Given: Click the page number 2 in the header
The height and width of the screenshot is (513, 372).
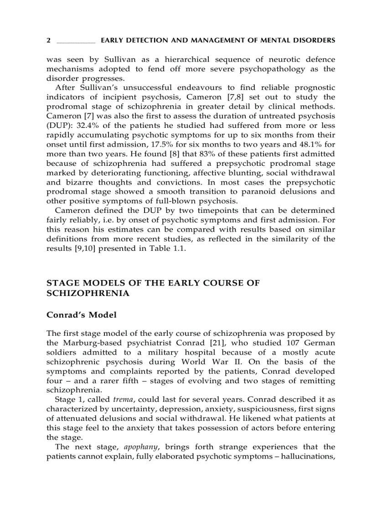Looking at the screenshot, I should (x=48, y=41).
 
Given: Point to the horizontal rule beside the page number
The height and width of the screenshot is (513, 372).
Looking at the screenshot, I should (x=75, y=42).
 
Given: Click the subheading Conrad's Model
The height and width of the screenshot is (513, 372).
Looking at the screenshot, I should (x=82, y=315).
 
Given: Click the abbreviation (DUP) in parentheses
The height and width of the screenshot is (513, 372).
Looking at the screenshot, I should (x=57, y=126).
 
